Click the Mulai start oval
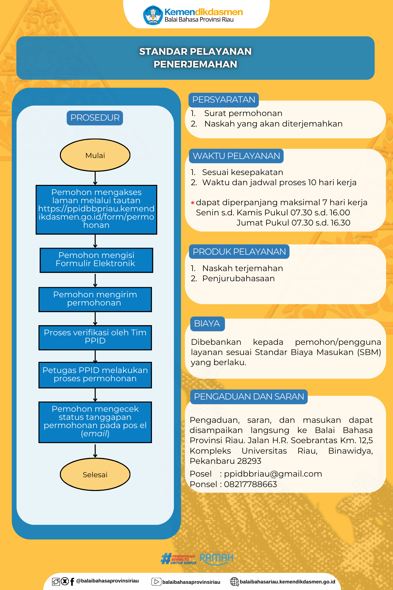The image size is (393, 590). tap(95, 155)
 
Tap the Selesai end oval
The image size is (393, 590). tap(95, 474)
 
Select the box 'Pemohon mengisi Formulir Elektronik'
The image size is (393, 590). tap(96, 260)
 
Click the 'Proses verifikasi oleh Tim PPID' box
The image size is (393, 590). tap(95, 338)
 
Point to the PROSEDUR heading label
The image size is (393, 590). tap(95, 118)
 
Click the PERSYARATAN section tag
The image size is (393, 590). tap(224, 100)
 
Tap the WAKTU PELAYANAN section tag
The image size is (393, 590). tap(236, 156)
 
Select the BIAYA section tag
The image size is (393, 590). tap(207, 324)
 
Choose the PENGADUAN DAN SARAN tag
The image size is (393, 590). tap(249, 397)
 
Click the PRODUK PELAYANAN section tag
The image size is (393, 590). tap(239, 252)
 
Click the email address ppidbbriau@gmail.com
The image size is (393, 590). tap(273, 474)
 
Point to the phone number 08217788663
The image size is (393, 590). tap(251, 484)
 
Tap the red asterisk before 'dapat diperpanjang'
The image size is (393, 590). tap(193, 203)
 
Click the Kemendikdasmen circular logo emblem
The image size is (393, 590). tap(153, 15)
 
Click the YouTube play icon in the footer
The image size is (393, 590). tap(156, 582)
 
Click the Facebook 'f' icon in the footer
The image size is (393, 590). tap(72, 582)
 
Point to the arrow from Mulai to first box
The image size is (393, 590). tap(95, 178)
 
